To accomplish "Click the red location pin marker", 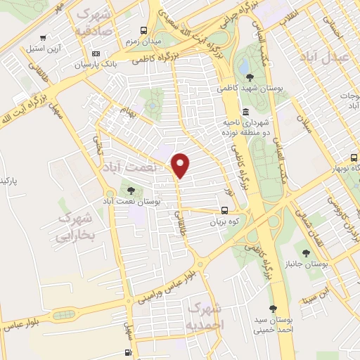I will [x=181, y=165].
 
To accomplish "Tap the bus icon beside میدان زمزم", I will [x=144, y=30].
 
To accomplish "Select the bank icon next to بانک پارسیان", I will [x=96, y=53].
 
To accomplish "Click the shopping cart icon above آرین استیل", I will [x=44, y=38].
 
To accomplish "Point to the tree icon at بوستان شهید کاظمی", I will [x=250, y=77].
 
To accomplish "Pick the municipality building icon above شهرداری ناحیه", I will [x=245, y=112].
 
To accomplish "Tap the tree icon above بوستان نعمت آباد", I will [x=131, y=190].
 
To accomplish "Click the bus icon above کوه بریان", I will [x=224, y=210].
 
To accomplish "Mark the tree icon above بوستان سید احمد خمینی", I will [x=273, y=308].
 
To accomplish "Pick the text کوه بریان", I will [x=224, y=222].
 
